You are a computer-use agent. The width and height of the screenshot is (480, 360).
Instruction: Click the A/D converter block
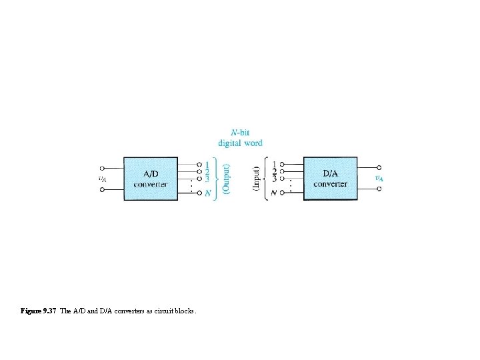point(151,178)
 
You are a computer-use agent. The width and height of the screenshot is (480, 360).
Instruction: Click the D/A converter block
point(330,178)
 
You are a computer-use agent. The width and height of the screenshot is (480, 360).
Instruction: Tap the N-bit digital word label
point(240,138)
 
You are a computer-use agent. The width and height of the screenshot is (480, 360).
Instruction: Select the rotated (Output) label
point(227,179)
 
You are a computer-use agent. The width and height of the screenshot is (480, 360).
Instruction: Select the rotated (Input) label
point(256,179)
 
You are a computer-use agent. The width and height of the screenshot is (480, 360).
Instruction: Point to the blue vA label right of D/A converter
point(378,178)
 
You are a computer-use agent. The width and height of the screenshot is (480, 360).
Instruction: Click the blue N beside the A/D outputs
point(208,193)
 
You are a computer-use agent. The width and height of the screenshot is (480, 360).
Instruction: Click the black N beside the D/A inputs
point(274,193)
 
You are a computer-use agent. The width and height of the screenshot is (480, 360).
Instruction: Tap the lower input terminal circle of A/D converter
point(102,189)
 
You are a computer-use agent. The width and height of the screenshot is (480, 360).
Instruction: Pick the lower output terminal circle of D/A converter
point(379,189)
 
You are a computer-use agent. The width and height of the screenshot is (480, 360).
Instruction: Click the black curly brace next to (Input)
point(266,179)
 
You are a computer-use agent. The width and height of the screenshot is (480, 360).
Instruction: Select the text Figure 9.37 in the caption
point(39,311)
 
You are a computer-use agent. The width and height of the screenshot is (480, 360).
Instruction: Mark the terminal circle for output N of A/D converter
point(199,193)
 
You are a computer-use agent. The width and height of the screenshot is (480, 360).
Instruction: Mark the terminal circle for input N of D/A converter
point(282,193)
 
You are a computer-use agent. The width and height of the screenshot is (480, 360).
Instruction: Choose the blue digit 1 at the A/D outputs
point(208,164)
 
